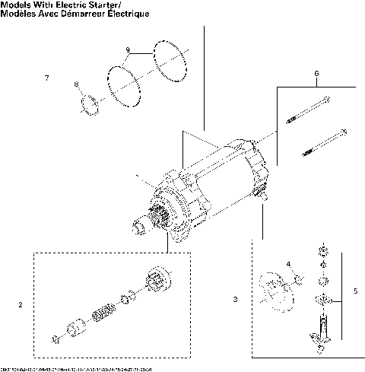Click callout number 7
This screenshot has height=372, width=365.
pos(47,79)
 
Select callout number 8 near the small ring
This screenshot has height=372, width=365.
pos(75,84)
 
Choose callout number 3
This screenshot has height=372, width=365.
pos(235,300)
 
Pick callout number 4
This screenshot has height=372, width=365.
pos(288,264)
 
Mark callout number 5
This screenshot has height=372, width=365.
pos(357,291)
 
